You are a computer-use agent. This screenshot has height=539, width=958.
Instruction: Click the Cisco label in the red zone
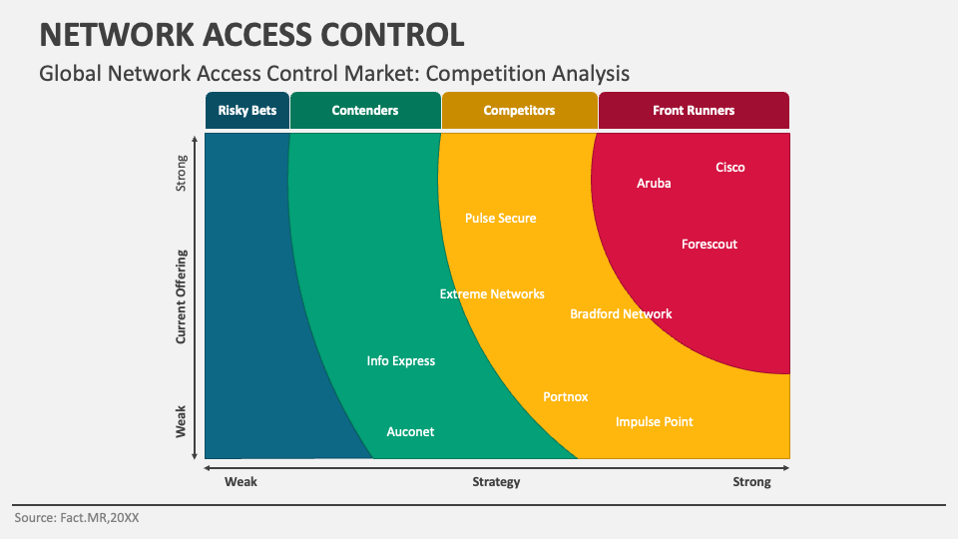pos(730,168)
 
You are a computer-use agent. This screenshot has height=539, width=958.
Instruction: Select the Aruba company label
pos(654,184)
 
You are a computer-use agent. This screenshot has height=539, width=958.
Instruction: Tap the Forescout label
pos(710,245)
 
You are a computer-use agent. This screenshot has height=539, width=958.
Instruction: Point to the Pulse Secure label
pos(500,219)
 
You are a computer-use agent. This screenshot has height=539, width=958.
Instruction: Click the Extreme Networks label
pos(492,293)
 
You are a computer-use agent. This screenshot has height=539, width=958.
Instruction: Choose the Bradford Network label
pos(621,314)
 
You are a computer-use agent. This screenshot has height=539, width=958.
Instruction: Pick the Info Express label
pos(401,361)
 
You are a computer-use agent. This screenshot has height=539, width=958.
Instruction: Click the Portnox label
pos(565,397)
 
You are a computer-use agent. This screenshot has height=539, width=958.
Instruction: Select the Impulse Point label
pos(655,422)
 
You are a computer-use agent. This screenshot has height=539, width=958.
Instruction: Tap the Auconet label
pos(410,432)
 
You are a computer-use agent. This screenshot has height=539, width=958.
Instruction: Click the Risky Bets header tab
pos(247,111)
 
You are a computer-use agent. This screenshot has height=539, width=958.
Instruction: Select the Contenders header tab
pos(365,111)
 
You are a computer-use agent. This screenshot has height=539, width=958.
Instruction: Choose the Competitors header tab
pos(519,111)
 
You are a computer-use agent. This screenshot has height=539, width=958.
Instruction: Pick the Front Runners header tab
pos(694,111)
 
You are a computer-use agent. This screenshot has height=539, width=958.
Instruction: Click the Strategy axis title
pos(496,482)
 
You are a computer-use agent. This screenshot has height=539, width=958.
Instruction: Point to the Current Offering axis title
pos(181,297)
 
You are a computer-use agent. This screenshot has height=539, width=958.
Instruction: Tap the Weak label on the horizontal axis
pos(240,482)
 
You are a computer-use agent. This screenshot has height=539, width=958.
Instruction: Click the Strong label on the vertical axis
pos(181,174)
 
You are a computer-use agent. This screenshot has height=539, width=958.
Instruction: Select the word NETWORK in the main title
pos(116,35)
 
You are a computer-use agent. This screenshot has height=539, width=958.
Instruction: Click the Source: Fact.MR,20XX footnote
pos(77,518)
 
